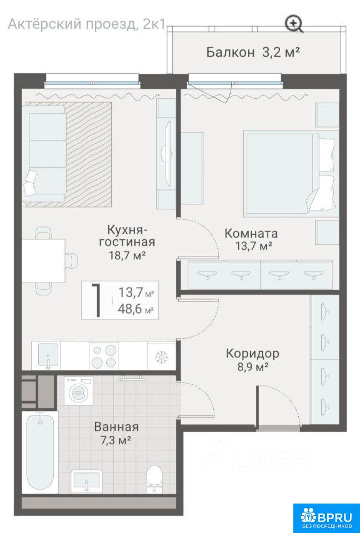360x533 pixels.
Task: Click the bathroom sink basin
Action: (x=87, y=481)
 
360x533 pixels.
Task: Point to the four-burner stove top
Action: (x=103, y=355)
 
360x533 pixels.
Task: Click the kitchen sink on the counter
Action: (x=48, y=356)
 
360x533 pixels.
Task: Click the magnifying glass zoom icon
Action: (x=294, y=24)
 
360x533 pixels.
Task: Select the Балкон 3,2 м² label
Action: (x=253, y=52)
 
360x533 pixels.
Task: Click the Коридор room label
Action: (x=252, y=354)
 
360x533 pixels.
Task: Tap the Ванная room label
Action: (x=116, y=426)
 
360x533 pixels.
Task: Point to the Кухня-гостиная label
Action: (x=127, y=236)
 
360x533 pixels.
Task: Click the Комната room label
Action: (x=251, y=234)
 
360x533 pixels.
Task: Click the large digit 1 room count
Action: (x=97, y=300)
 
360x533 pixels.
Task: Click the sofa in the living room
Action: (x=44, y=154)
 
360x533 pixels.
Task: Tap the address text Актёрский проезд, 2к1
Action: (x=87, y=24)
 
